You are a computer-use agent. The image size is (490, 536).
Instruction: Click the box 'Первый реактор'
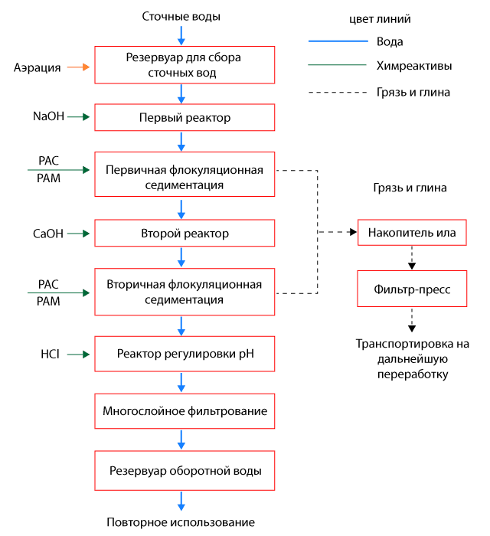coord(184,118)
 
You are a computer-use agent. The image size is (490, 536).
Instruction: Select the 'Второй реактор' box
coord(184,233)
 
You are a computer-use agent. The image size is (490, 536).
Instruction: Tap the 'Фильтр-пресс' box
coord(412,290)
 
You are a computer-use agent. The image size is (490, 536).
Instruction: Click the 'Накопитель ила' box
coord(412,232)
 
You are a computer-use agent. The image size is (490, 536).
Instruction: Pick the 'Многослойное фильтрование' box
coord(184,411)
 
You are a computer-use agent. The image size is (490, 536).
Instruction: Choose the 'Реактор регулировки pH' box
coord(184,354)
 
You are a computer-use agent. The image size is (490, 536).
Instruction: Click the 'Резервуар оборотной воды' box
coord(184,470)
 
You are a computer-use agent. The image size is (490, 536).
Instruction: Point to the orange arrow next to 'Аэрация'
coord(79,67)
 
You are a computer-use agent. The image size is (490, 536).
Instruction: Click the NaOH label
coord(47,117)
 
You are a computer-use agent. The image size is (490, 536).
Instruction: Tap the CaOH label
coord(47,233)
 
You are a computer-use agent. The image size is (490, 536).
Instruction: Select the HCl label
coord(50,354)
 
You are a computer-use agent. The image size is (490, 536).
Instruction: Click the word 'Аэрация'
coord(37,67)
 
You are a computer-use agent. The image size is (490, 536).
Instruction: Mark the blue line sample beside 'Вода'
coord(337,41)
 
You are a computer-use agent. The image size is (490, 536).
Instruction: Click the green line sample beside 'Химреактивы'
coord(337,66)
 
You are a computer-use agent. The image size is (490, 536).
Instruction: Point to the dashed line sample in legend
coord(337,92)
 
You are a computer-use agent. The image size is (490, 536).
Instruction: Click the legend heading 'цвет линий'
coord(379,18)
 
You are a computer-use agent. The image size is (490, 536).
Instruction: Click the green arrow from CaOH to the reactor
coord(79,233)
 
